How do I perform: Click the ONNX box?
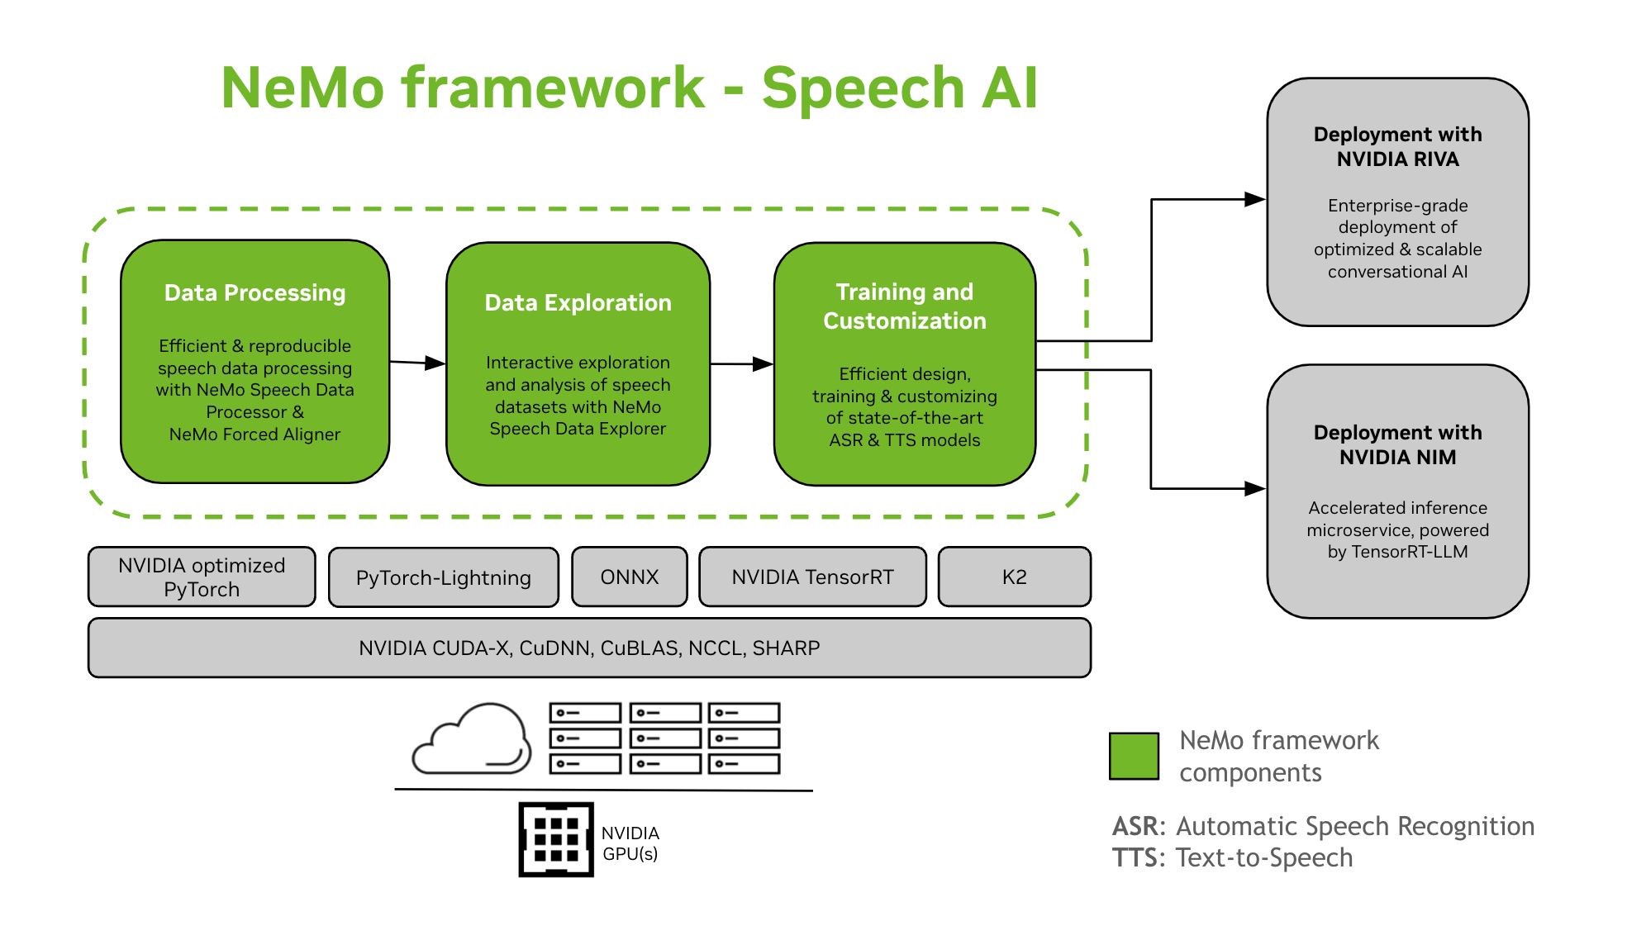[x=629, y=577]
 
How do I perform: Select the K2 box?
[x=1014, y=577]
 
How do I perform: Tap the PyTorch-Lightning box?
[x=443, y=577]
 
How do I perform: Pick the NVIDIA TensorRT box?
[x=812, y=577]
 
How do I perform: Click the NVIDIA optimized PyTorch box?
[x=202, y=577]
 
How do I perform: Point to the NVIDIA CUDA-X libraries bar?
[x=589, y=648]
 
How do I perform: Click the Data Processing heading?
[x=255, y=293]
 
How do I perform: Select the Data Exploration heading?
[x=578, y=303]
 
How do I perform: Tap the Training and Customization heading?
[x=904, y=306]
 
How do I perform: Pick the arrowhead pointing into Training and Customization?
[x=763, y=363]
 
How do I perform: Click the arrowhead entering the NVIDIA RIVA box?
[x=1254, y=199]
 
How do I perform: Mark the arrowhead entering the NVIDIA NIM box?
[x=1254, y=488]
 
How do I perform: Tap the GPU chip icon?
[x=556, y=839]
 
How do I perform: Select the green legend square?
[x=1134, y=755]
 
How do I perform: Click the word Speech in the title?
[x=863, y=88]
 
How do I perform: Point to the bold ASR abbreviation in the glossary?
[x=1137, y=826]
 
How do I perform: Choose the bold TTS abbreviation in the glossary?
[x=1136, y=857]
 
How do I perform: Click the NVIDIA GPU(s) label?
[x=630, y=843]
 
